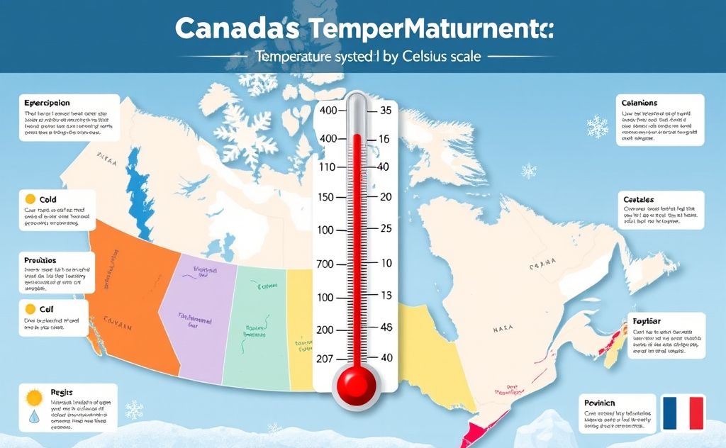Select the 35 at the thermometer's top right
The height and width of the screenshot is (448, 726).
[386, 111]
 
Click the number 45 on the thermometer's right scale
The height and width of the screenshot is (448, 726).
[386, 328]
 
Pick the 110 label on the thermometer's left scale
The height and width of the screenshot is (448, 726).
[327, 167]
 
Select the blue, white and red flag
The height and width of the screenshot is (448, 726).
[682, 413]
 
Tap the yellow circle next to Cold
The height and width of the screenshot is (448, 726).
[30, 200]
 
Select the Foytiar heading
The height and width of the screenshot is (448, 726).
[645, 321]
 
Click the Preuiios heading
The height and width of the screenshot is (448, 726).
[40, 261]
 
